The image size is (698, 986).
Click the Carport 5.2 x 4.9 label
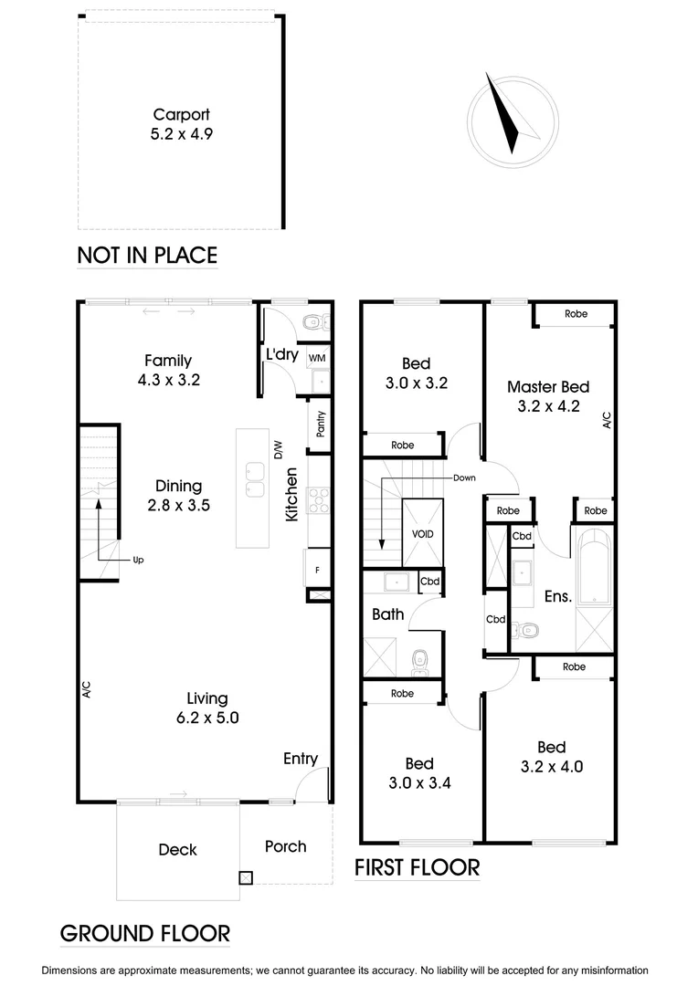[x=181, y=124]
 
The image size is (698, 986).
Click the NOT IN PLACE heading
[x=147, y=255]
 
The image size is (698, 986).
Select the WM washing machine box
[x=318, y=358]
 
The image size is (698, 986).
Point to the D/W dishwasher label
[x=278, y=449]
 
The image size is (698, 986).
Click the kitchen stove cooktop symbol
[x=320, y=499]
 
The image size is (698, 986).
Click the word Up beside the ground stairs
[x=138, y=560]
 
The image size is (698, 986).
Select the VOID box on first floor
[x=422, y=534]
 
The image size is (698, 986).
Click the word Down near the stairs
[x=463, y=477]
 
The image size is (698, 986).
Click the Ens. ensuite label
[x=557, y=596]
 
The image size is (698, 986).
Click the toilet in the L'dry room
[x=314, y=321]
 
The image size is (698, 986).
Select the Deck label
[x=177, y=850]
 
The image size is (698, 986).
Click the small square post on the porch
[x=245, y=878]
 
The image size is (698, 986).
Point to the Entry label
[x=301, y=759]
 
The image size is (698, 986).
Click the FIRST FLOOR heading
[x=417, y=866]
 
